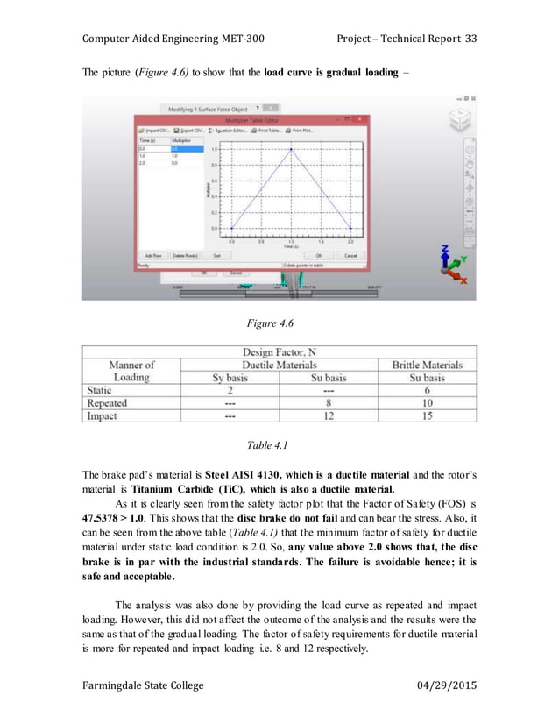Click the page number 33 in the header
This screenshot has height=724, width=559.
(470, 39)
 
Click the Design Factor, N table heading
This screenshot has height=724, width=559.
(279, 351)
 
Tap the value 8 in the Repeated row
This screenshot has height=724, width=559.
(328, 402)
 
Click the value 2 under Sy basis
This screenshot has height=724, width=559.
(229, 390)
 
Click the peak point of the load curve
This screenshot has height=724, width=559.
(291, 149)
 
